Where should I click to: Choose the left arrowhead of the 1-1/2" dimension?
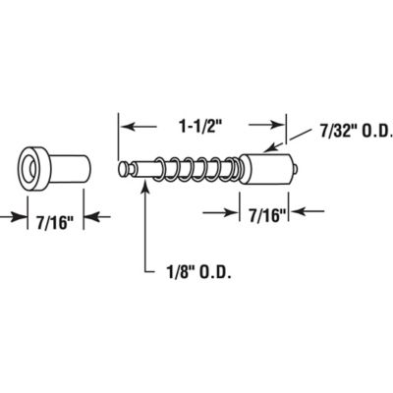coord(125,126)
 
